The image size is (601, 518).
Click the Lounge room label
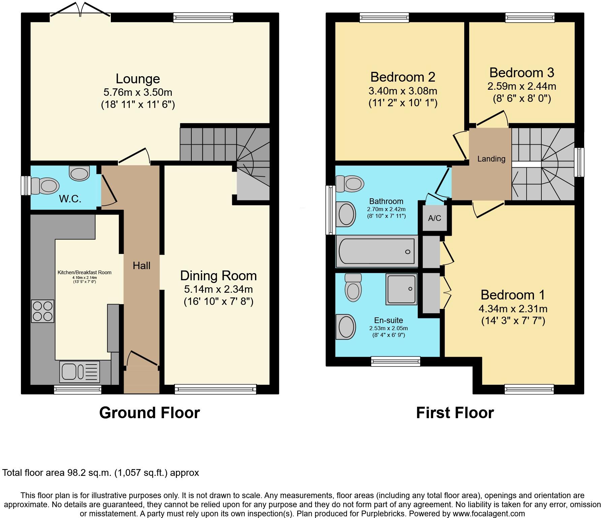point(138,79)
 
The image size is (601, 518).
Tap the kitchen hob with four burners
point(43,311)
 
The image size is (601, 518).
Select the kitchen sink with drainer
point(80,372)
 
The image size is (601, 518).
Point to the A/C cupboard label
point(434,218)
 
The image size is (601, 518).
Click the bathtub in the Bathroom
point(377,252)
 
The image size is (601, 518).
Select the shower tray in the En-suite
point(401,289)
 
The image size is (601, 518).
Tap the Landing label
point(491,159)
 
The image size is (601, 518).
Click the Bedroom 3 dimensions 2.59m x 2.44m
point(521,86)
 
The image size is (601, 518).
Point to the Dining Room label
point(218,276)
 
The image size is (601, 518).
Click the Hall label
point(141,266)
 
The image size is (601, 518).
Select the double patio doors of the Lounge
point(80,10)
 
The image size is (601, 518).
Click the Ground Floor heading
point(149,413)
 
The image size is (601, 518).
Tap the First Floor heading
point(455,413)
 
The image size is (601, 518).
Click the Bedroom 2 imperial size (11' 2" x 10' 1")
point(403,103)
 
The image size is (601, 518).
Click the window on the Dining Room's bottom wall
point(216,390)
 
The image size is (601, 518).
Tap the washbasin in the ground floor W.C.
point(79,173)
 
